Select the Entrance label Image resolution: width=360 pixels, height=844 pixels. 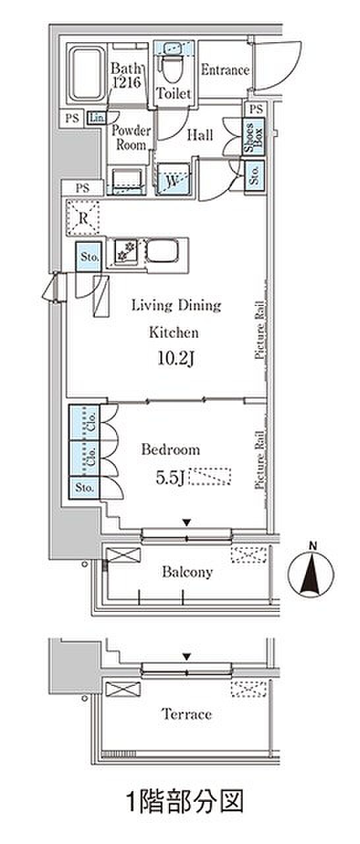coord(225,70)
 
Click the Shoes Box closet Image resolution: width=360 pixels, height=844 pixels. coord(253,136)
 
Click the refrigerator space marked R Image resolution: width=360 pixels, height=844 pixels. coord(83,218)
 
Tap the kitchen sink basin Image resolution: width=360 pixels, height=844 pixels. coord(162,251)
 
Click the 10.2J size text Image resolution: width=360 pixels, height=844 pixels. coord(176,359)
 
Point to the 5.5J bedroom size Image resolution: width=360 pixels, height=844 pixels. coord(170,478)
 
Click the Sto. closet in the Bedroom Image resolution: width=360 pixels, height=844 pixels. coord(84,488)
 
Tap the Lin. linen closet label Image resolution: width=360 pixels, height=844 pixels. coord(96,118)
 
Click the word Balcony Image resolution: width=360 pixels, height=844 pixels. coord(187,572)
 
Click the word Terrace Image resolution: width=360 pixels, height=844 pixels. coord(187,714)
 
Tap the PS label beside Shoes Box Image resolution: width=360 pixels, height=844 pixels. coord(256,109)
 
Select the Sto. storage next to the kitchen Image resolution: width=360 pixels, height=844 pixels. coord(88,257)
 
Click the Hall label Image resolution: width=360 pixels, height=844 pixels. coord(200,135)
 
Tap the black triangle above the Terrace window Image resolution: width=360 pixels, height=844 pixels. coord(187,657)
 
